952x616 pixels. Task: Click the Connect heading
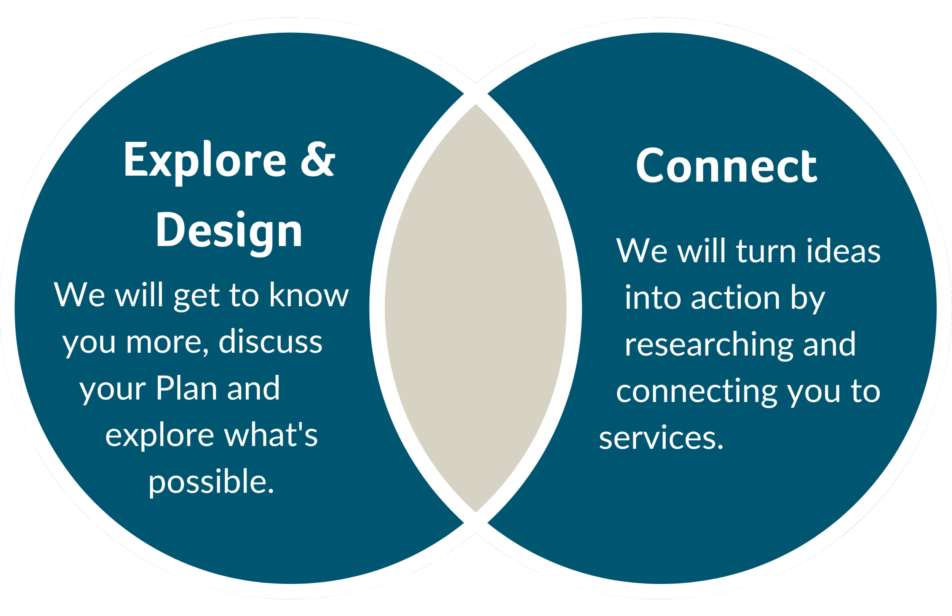pyautogui.click(x=727, y=166)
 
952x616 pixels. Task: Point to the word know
pyautogui.click(x=309, y=295)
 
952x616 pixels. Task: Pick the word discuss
pyautogui.click(x=270, y=342)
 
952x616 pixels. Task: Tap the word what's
pyautogui.click(x=270, y=435)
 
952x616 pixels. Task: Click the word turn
pyautogui.click(x=766, y=251)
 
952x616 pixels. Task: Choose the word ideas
pyautogui.click(x=843, y=251)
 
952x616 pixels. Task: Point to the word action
pyautogui.click(x=735, y=298)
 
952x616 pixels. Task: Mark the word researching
pyautogui.click(x=708, y=345)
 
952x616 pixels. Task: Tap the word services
pyautogui.click(x=661, y=438)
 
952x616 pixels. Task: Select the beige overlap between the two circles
pyautogui.click(x=476, y=308)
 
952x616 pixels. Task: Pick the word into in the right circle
pyautogui.click(x=652, y=298)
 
